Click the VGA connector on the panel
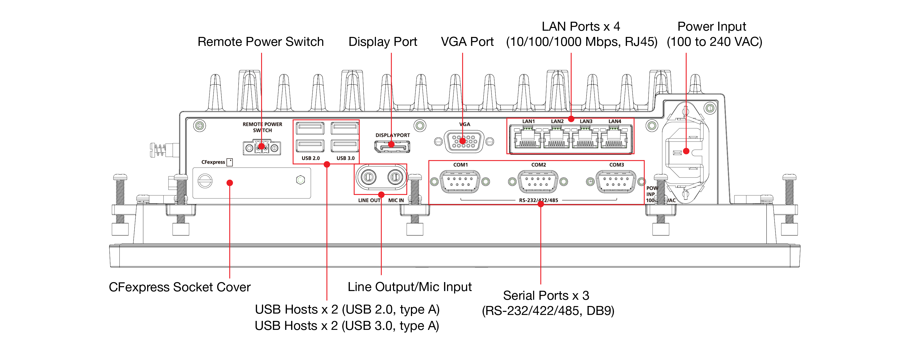tap(464, 141)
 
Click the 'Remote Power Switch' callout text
tap(260, 42)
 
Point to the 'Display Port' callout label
tap(382, 42)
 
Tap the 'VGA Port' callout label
tap(467, 42)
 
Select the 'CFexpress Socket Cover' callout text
tap(180, 287)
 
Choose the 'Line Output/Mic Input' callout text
tap(409, 287)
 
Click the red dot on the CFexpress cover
tap(230, 183)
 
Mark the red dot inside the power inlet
tap(686, 151)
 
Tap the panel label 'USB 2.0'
tap(311, 158)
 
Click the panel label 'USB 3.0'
tap(346, 158)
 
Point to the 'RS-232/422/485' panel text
tap(539, 200)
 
